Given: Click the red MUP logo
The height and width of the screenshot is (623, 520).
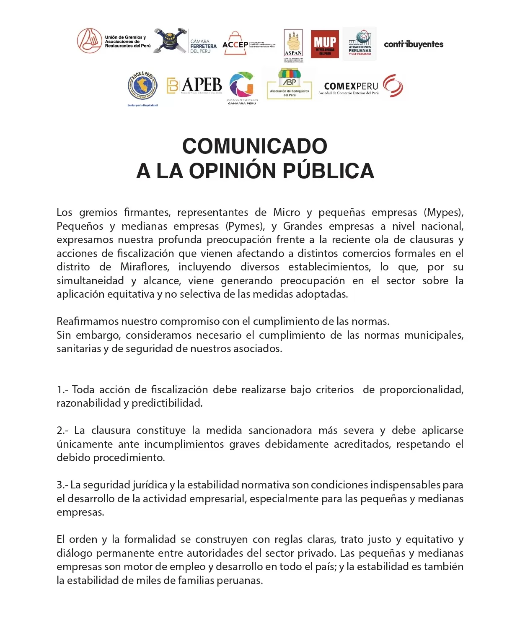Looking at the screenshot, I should [325, 44].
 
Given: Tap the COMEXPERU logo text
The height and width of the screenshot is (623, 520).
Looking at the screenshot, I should [351, 86].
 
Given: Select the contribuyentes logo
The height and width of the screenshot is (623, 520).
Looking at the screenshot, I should [414, 44].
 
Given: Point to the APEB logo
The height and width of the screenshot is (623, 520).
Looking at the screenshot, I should [195, 85].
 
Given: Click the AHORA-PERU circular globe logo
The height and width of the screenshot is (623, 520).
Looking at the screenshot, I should [142, 86].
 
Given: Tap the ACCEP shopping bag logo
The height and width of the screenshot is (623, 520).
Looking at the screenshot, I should [236, 44].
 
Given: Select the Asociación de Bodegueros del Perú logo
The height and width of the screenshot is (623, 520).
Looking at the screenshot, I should [290, 83].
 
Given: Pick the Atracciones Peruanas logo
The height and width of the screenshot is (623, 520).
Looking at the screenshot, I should [360, 44].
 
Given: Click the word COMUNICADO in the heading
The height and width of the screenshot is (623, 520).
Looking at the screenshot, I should [255, 146].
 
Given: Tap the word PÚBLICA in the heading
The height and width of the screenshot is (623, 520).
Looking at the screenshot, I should [328, 171].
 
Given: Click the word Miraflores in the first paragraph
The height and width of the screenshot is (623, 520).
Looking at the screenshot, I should [145, 267].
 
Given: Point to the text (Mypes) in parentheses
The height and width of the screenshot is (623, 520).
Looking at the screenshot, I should [443, 213].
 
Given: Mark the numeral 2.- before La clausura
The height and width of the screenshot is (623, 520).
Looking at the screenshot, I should [63, 431].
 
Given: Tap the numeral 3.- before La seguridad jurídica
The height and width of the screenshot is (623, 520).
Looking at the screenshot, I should [62, 485].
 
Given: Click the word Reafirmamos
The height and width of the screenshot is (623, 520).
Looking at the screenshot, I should [88, 322].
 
